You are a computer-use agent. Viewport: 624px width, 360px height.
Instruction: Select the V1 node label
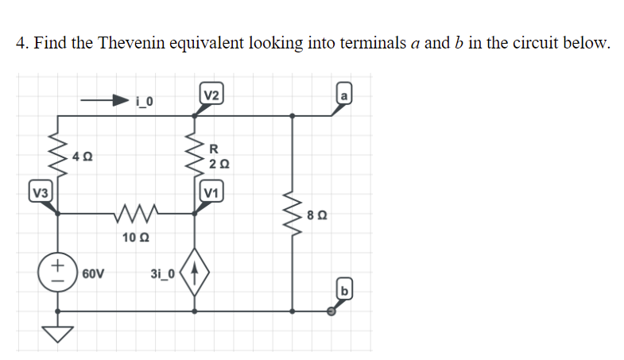tap(211, 192)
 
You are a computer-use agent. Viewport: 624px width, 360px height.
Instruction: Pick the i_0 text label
tap(146, 101)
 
